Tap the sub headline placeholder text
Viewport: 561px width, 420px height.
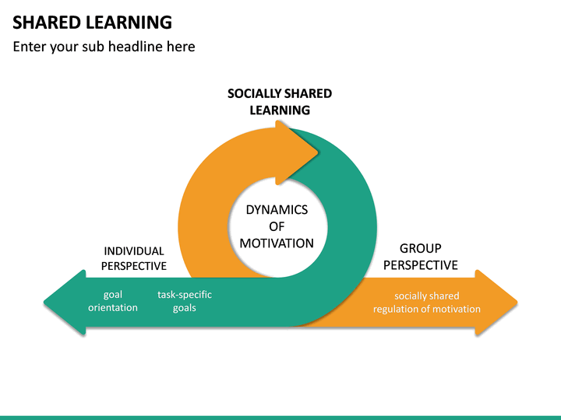pos(104,47)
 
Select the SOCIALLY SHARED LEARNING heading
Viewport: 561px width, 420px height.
pos(280,102)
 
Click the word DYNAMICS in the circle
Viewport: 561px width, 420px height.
pos(277,210)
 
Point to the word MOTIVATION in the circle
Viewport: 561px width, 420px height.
pos(277,243)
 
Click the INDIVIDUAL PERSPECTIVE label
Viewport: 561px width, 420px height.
pos(134,258)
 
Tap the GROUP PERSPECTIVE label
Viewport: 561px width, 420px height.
pos(420,257)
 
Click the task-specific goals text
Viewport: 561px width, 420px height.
pos(185,302)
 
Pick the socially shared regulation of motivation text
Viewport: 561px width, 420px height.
pos(426,303)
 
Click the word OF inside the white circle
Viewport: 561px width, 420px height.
pos(277,227)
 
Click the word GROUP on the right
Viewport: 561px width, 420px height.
pos(420,249)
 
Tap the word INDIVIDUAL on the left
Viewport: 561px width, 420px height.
pos(134,251)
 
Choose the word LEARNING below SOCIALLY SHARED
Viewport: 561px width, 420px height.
pos(280,110)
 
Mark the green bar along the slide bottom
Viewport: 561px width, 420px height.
pos(280,417)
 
